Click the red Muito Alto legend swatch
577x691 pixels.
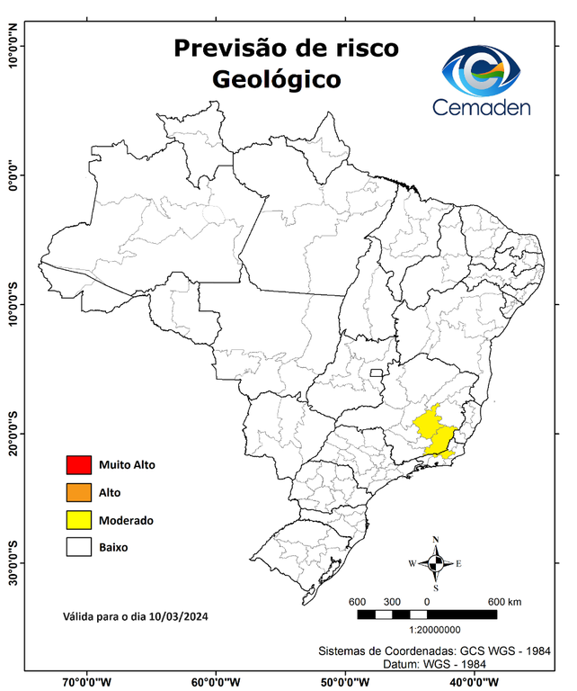(79, 465)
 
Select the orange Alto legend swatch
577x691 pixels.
(79, 492)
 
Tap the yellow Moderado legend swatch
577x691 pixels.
(79, 519)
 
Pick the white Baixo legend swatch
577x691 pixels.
(79, 546)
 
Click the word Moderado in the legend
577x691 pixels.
(126, 520)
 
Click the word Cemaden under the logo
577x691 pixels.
(482, 107)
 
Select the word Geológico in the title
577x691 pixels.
(276, 79)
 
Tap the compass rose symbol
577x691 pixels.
(435, 564)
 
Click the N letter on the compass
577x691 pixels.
(436, 540)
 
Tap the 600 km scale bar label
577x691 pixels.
(504, 602)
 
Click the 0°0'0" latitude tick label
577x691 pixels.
(13, 175)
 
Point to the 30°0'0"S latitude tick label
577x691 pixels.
(13, 562)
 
